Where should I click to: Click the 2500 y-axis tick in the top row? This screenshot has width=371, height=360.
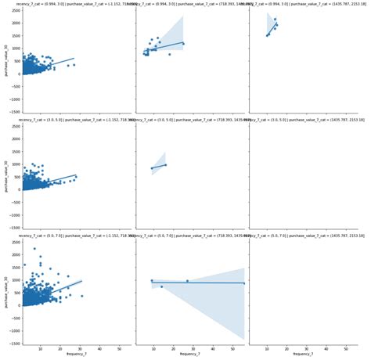(15, 13)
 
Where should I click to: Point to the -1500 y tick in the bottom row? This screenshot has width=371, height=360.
(14, 344)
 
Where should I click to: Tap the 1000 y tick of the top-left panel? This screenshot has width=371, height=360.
(15, 50)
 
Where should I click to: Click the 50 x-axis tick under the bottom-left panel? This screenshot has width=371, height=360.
(118, 349)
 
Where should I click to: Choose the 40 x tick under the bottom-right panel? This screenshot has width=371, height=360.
(322, 349)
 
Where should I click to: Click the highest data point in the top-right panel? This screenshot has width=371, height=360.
(275, 19)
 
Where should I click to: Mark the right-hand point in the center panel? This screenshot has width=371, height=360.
(165, 164)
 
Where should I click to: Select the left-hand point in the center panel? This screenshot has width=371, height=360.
(152, 168)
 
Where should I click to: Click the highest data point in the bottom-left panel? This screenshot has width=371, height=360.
(34, 249)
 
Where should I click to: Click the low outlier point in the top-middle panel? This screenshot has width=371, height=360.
(169, 54)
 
